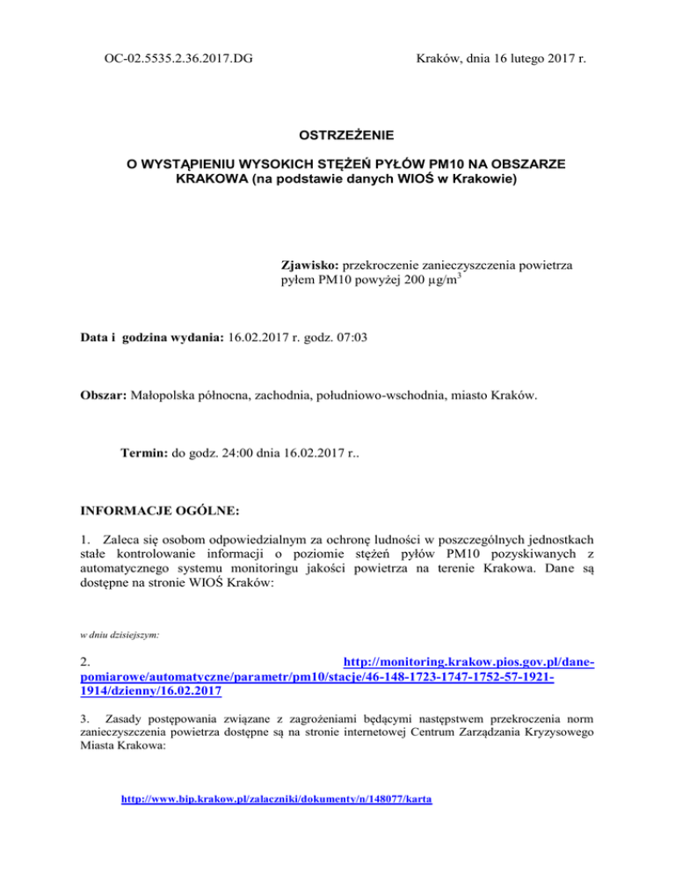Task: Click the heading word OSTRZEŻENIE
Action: pos(337,135)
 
